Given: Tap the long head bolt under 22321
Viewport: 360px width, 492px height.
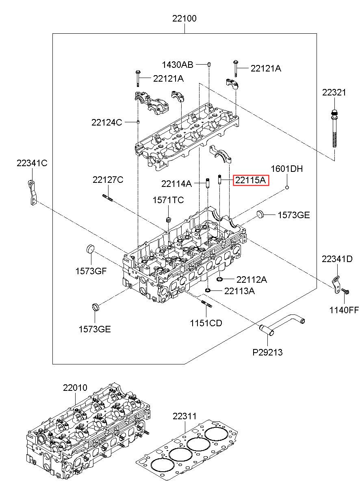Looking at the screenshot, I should tap(334, 130).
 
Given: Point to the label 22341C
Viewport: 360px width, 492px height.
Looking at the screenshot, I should tap(32, 163).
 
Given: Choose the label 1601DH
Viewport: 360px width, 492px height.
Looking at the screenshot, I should tap(287, 169).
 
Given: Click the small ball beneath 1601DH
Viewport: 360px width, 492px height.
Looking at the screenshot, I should tap(287, 187).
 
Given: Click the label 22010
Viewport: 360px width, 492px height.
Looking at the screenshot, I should tap(75, 388).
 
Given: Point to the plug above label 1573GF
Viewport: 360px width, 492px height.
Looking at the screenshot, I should tap(90, 248).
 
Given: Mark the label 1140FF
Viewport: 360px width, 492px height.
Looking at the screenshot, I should tap(344, 310).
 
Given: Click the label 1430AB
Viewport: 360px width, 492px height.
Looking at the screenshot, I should tap(178, 65).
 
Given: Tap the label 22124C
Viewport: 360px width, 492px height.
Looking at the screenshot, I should tap(106, 122).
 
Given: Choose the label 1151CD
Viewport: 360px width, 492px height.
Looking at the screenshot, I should tap(206, 323).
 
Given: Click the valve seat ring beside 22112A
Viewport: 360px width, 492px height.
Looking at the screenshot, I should tap(220, 279).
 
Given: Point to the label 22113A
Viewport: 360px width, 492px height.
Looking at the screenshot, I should tap(239, 291).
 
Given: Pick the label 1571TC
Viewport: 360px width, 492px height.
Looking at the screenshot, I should tap(168, 200).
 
